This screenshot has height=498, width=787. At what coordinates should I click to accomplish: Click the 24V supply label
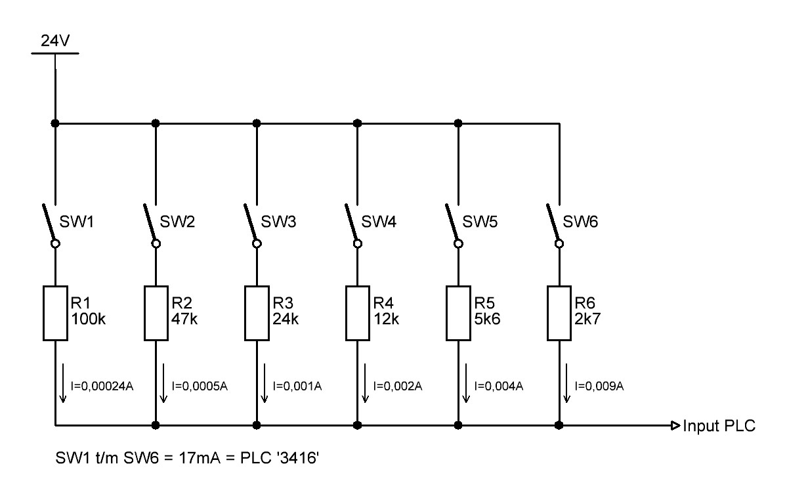click(55, 40)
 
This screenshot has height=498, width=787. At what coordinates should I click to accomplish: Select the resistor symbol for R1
click(55, 314)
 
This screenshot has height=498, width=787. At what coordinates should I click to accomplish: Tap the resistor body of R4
click(357, 314)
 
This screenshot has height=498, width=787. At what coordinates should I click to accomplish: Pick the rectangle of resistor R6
click(559, 314)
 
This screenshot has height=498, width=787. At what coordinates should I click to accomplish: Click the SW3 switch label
click(278, 222)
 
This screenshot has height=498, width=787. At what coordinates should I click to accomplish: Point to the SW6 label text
click(580, 222)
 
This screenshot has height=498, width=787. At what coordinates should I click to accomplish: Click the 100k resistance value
click(89, 319)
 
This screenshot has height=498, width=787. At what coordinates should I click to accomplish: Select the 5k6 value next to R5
click(487, 319)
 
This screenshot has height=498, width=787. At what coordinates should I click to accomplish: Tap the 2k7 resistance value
click(587, 319)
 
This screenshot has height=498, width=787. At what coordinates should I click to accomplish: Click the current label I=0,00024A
click(102, 386)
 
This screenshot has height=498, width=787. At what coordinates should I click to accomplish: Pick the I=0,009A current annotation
click(599, 386)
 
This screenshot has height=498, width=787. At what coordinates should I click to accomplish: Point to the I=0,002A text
click(398, 386)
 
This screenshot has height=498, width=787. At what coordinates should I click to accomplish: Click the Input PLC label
click(719, 426)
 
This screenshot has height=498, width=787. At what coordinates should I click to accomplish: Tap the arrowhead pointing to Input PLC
click(675, 426)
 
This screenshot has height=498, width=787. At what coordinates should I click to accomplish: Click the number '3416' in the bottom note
click(297, 458)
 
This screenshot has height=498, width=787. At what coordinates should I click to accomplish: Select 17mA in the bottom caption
click(200, 458)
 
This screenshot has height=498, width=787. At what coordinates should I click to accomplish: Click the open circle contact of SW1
click(55, 243)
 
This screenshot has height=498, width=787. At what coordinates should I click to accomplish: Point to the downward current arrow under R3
click(264, 384)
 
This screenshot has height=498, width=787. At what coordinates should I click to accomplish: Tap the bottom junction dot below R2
click(156, 425)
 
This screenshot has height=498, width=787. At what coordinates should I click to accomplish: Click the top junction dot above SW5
click(457, 123)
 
